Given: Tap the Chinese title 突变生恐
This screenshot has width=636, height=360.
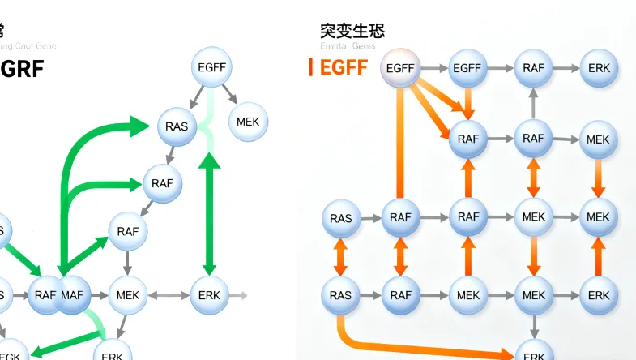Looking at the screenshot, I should click(352, 32).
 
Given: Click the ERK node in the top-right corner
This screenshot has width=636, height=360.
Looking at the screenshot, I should click(600, 69).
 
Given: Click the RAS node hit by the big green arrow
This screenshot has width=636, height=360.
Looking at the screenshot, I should click(177, 126).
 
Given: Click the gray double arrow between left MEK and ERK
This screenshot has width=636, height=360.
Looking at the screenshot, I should click(169, 295).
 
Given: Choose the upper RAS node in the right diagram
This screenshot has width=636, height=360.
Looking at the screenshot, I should click(341, 218).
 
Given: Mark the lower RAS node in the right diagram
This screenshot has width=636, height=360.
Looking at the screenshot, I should click(341, 295).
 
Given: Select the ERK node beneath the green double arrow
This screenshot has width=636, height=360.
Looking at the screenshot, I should click(210, 295).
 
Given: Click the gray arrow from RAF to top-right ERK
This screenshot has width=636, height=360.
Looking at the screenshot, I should click(566, 69).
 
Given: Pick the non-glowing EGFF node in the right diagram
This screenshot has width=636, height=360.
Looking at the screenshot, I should click(467, 69).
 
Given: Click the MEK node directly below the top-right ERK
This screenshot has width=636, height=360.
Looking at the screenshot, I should click(598, 139).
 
